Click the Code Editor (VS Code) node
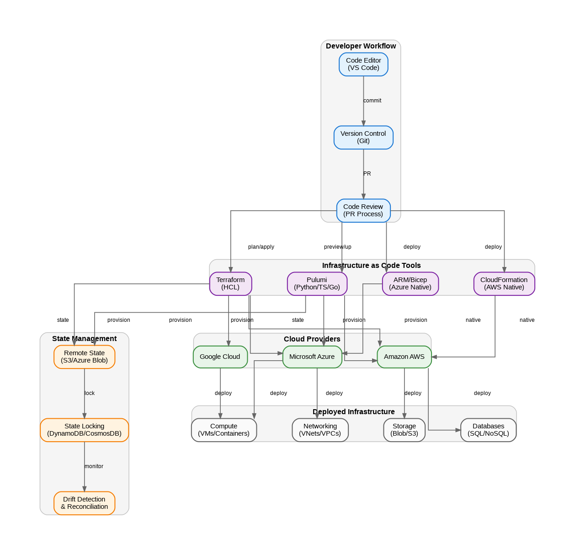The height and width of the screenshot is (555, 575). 363,64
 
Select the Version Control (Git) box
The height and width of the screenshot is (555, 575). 363,137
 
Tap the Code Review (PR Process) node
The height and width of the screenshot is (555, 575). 363,210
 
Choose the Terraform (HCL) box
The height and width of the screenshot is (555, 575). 230,283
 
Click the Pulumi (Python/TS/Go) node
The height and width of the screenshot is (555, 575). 317,283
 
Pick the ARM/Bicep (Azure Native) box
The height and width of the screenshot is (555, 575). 410,283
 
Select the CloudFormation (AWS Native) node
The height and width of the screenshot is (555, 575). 504,283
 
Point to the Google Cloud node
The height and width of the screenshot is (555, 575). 220,357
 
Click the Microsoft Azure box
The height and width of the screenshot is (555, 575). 312,357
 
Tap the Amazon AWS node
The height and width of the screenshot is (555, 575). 404,357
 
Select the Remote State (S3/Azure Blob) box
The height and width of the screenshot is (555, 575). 84,357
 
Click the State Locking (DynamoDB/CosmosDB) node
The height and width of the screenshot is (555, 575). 84,430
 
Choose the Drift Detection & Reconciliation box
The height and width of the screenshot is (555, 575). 84,503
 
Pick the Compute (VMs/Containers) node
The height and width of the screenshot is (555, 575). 224,430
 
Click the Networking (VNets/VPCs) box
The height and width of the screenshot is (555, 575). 320,430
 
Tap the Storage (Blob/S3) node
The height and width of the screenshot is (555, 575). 404,430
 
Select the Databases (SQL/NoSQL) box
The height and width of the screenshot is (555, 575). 488,430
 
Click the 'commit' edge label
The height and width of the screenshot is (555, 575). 372,101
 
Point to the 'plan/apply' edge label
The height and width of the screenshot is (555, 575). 261,247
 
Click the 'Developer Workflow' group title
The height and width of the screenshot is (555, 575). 361,46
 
